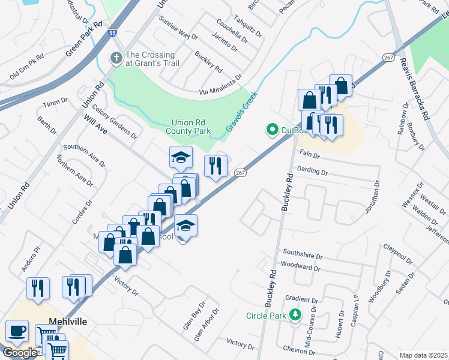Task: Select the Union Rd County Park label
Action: pos(188,126)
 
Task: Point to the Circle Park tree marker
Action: pos(295,314)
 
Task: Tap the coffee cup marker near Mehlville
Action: pos(17,331)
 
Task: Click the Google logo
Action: pos(19,353)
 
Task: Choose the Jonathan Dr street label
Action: pos(373,198)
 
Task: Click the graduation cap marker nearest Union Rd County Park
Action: pos(181,157)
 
